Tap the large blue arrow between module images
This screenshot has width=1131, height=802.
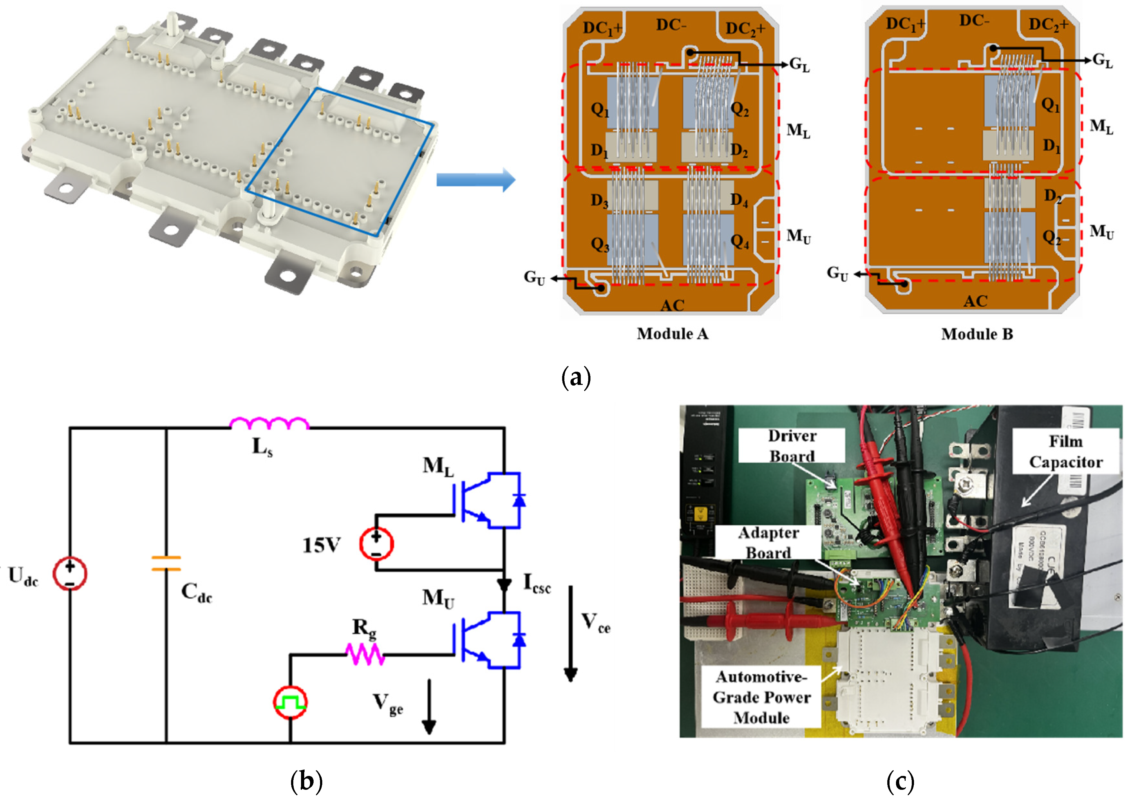pyautogui.click(x=475, y=180)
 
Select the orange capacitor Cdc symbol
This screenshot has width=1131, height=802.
pyautogui.click(x=166, y=564)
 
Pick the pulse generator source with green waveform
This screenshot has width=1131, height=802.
pyautogui.click(x=290, y=702)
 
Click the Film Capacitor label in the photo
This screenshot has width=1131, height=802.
pyautogui.click(x=1065, y=452)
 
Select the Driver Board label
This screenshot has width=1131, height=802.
pyautogui.click(x=792, y=446)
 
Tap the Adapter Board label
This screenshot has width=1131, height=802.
pyautogui.click(x=768, y=543)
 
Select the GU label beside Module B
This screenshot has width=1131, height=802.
pyautogui.click(x=837, y=273)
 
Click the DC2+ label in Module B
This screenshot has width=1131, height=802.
pyautogui.click(x=1048, y=24)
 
